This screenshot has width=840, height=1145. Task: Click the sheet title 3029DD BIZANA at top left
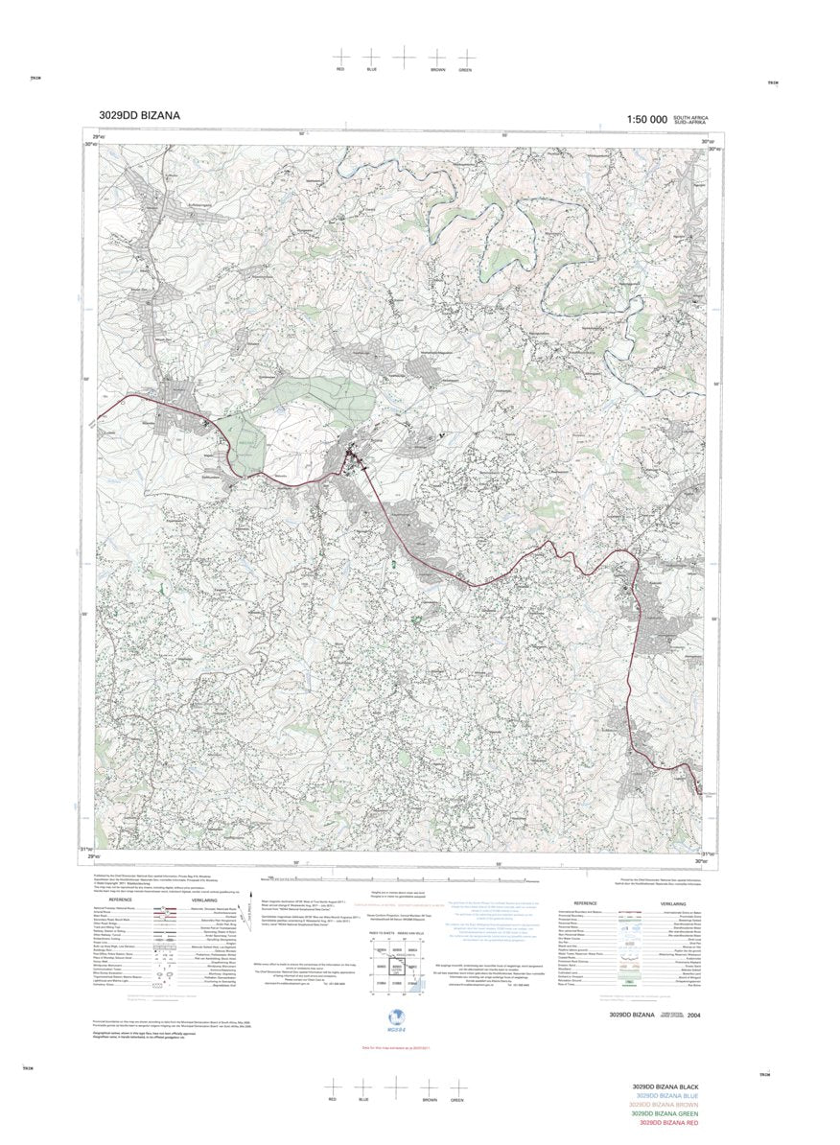(138, 117)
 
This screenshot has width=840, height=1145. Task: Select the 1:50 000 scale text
(646, 120)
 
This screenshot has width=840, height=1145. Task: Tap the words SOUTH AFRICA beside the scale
(692, 116)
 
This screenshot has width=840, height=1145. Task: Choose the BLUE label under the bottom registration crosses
(363, 1099)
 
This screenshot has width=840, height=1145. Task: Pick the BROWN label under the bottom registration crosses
(428, 1099)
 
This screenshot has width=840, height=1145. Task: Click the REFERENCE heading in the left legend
(120, 900)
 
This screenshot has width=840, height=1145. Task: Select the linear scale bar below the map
(393, 877)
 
